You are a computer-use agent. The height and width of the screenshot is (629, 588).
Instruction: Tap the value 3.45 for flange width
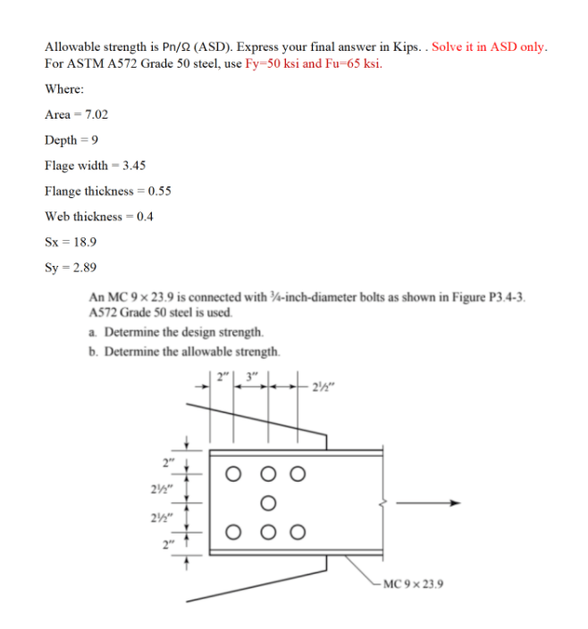(133, 166)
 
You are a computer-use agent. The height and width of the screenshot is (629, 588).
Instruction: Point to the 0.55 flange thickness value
(158, 191)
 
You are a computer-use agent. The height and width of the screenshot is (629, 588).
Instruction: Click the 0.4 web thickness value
(141, 216)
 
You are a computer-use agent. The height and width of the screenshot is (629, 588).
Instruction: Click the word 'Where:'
(64, 89)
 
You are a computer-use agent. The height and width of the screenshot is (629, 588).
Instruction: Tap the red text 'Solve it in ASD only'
(490, 46)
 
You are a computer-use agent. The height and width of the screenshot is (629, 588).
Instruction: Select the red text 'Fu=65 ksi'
(356, 64)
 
